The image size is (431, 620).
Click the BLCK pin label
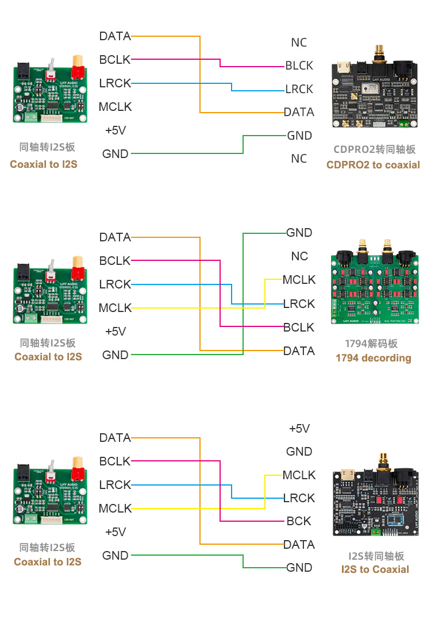[299, 66]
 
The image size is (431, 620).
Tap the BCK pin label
[299, 521]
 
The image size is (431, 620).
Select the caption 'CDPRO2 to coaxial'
[373, 165]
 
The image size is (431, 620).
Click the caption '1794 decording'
[374, 358]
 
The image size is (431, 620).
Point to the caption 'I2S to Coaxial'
[375, 569]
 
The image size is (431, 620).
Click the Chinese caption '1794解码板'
[371, 344]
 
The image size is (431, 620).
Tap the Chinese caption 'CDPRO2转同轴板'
[374, 149]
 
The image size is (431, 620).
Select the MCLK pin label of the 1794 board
[299, 280]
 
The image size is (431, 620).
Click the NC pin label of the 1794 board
[299, 256]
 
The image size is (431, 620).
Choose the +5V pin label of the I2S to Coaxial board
[299, 429]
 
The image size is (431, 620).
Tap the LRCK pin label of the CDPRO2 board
[299, 89]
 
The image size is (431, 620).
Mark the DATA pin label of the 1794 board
[299, 351]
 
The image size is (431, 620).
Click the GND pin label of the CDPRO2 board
[299, 136]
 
